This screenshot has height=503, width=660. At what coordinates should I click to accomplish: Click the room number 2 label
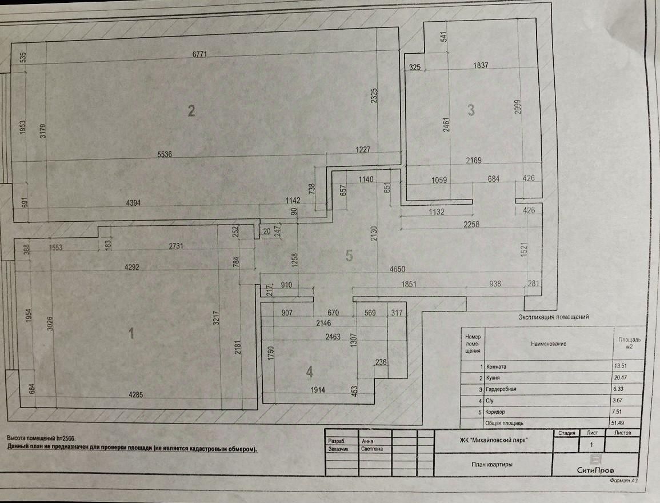click(x=192, y=110)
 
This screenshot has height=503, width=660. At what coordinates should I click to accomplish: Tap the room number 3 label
click(x=471, y=110)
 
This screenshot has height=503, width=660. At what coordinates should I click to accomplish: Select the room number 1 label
click(x=131, y=333)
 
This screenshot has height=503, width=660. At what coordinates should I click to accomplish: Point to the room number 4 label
click(x=309, y=372)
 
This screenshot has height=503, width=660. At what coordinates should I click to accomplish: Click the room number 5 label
click(x=350, y=256)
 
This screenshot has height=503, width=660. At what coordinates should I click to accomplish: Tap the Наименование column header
click(x=548, y=344)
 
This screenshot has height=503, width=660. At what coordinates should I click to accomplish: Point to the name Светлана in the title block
click(x=372, y=449)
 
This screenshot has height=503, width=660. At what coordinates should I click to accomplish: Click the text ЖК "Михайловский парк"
click(x=494, y=440)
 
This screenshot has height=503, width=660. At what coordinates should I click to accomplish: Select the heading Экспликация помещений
click(x=553, y=317)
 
